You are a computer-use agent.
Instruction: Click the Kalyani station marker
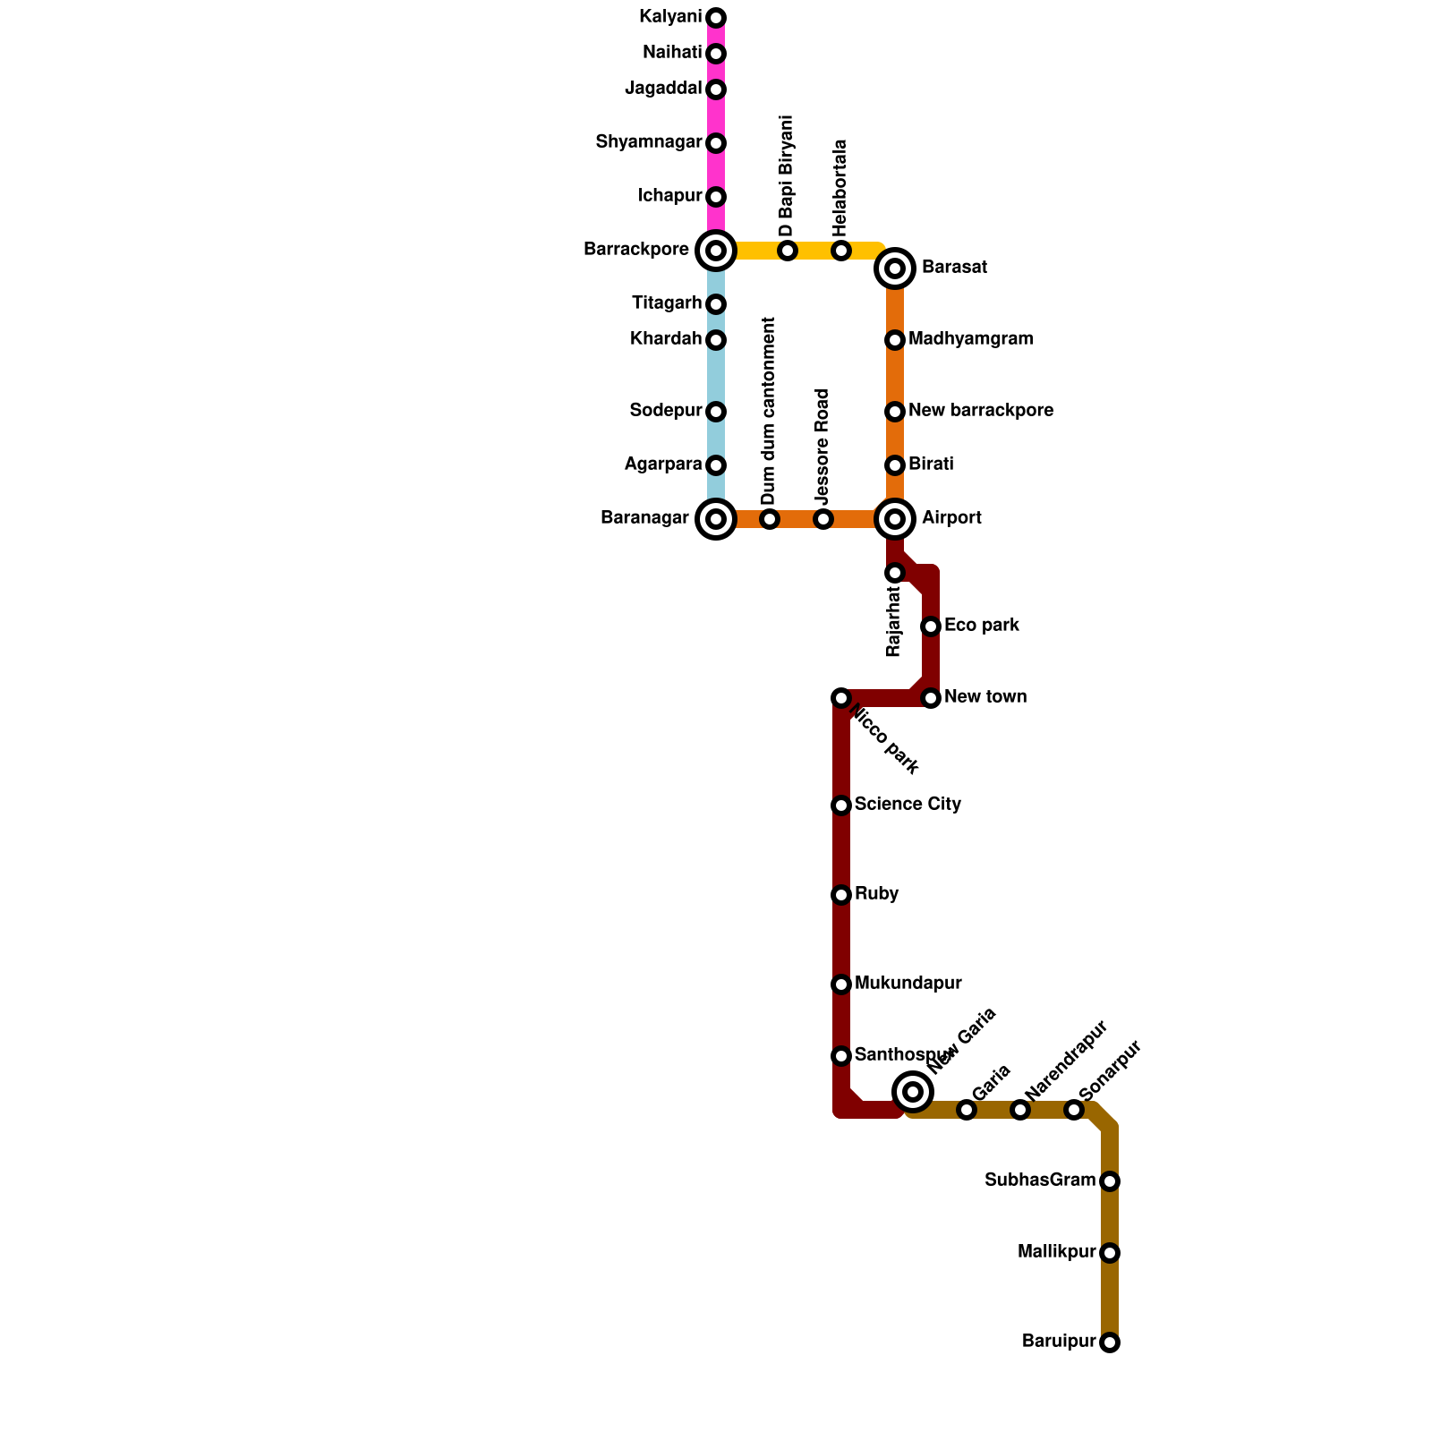[716, 18]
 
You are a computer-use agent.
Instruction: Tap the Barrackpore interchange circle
[716, 251]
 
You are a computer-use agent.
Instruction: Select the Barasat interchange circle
[895, 268]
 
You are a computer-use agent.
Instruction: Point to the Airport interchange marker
[895, 519]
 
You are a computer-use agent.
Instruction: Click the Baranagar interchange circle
[716, 519]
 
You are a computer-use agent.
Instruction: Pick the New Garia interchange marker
[913, 1091]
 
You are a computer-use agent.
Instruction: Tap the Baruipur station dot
[1110, 1342]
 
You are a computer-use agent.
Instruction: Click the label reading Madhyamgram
[970, 339]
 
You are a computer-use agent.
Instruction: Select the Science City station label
[908, 805]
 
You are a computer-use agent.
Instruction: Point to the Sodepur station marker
[716, 412]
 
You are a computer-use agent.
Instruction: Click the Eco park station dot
[931, 626]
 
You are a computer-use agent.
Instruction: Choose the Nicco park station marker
[840, 698]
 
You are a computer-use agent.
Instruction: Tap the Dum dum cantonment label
[769, 411]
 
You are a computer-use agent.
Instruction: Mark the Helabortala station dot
[840, 251]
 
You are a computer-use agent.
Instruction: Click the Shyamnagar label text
[648, 142]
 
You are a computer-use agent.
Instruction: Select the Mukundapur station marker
[840, 984]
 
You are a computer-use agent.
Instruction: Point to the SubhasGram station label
[1040, 1181]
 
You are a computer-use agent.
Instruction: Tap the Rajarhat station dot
[895, 573]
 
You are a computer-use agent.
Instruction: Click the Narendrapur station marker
[1020, 1110]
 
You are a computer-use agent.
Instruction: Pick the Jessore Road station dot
[823, 519]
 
